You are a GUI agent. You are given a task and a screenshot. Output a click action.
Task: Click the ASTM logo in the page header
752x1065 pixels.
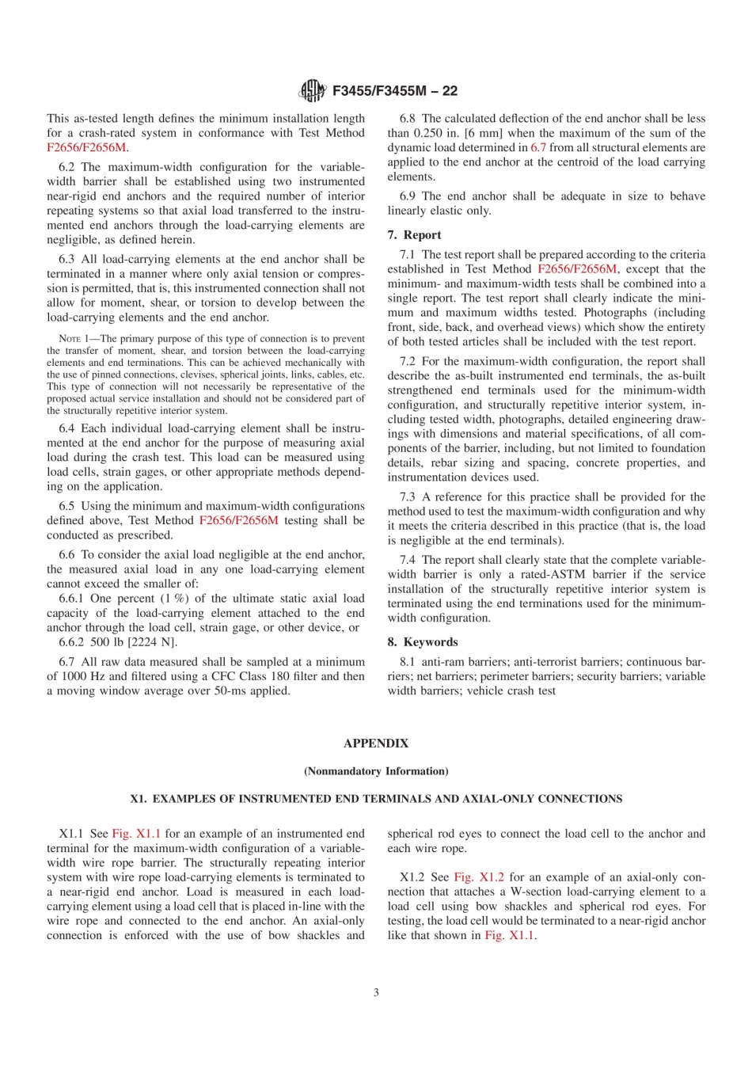pyautogui.click(x=312, y=91)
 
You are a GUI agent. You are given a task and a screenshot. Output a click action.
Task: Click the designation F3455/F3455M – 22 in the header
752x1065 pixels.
pyautogui.click(x=394, y=91)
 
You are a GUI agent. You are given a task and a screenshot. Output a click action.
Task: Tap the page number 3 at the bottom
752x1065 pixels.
pyautogui.click(x=376, y=992)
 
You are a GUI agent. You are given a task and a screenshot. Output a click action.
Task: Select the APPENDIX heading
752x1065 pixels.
pyautogui.click(x=376, y=744)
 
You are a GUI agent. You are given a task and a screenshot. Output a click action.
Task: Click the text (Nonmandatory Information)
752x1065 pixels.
pyautogui.click(x=376, y=771)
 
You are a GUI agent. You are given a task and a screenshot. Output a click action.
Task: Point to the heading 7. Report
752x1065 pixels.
pyautogui.click(x=414, y=235)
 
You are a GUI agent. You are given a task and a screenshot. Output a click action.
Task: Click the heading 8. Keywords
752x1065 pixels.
pyautogui.click(x=423, y=642)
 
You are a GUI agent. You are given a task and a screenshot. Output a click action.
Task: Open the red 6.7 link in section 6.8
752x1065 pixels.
pyautogui.click(x=538, y=147)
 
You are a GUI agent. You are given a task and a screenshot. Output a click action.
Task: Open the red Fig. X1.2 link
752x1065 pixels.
pyautogui.click(x=479, y=877)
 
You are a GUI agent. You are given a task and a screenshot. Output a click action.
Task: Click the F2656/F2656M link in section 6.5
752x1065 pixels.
pyautogui.click(x=238, y=520)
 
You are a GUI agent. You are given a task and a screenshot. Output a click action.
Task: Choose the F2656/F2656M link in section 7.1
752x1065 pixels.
pyautogui.click(x=576, y=269)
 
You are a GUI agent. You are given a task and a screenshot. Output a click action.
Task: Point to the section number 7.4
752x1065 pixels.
pyautogui.click(x=407, y=560)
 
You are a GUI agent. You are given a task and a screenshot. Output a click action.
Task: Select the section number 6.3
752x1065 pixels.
pyautogui.click(x=66, y=259)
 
